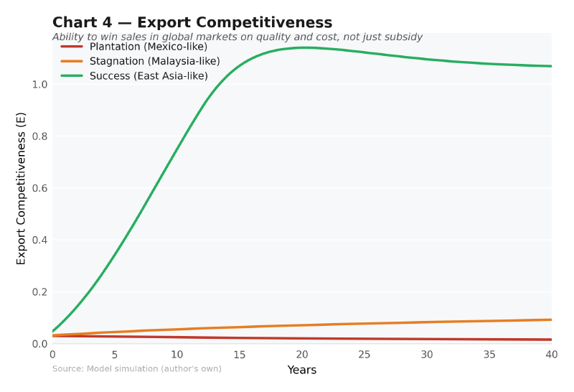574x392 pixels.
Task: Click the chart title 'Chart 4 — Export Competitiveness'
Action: (x=192, y=23)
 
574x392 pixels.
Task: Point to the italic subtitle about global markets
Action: (x=237, y=37)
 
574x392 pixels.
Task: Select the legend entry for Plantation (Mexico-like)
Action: (x=148, y=47)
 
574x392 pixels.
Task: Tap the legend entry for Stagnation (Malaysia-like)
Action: (x=154, y=61)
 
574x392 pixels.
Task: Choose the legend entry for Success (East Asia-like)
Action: (x=149, y=75)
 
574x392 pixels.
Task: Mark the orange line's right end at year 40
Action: (x=551, y=319)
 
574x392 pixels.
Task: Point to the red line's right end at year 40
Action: (x=551, y=340)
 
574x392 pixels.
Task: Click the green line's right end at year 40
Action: (x=551, y=66)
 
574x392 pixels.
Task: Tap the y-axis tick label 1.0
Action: (x=39, y=85)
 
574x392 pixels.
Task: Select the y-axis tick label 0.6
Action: (x=39, y=188)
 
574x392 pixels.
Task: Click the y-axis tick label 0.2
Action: (x=39, y=292)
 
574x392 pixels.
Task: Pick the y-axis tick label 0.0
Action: (x=39, y=344)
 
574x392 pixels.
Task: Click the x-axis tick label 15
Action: (x=240, y=355)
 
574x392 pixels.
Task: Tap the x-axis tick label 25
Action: (x=364, y=355)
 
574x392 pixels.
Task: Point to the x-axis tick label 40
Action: (x=551, y=355)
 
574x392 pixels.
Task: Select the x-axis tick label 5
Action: (x=115, y=355)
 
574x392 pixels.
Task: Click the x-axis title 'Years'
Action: (x=302, y=370)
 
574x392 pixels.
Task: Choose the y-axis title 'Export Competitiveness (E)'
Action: (x=22, y=188)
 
